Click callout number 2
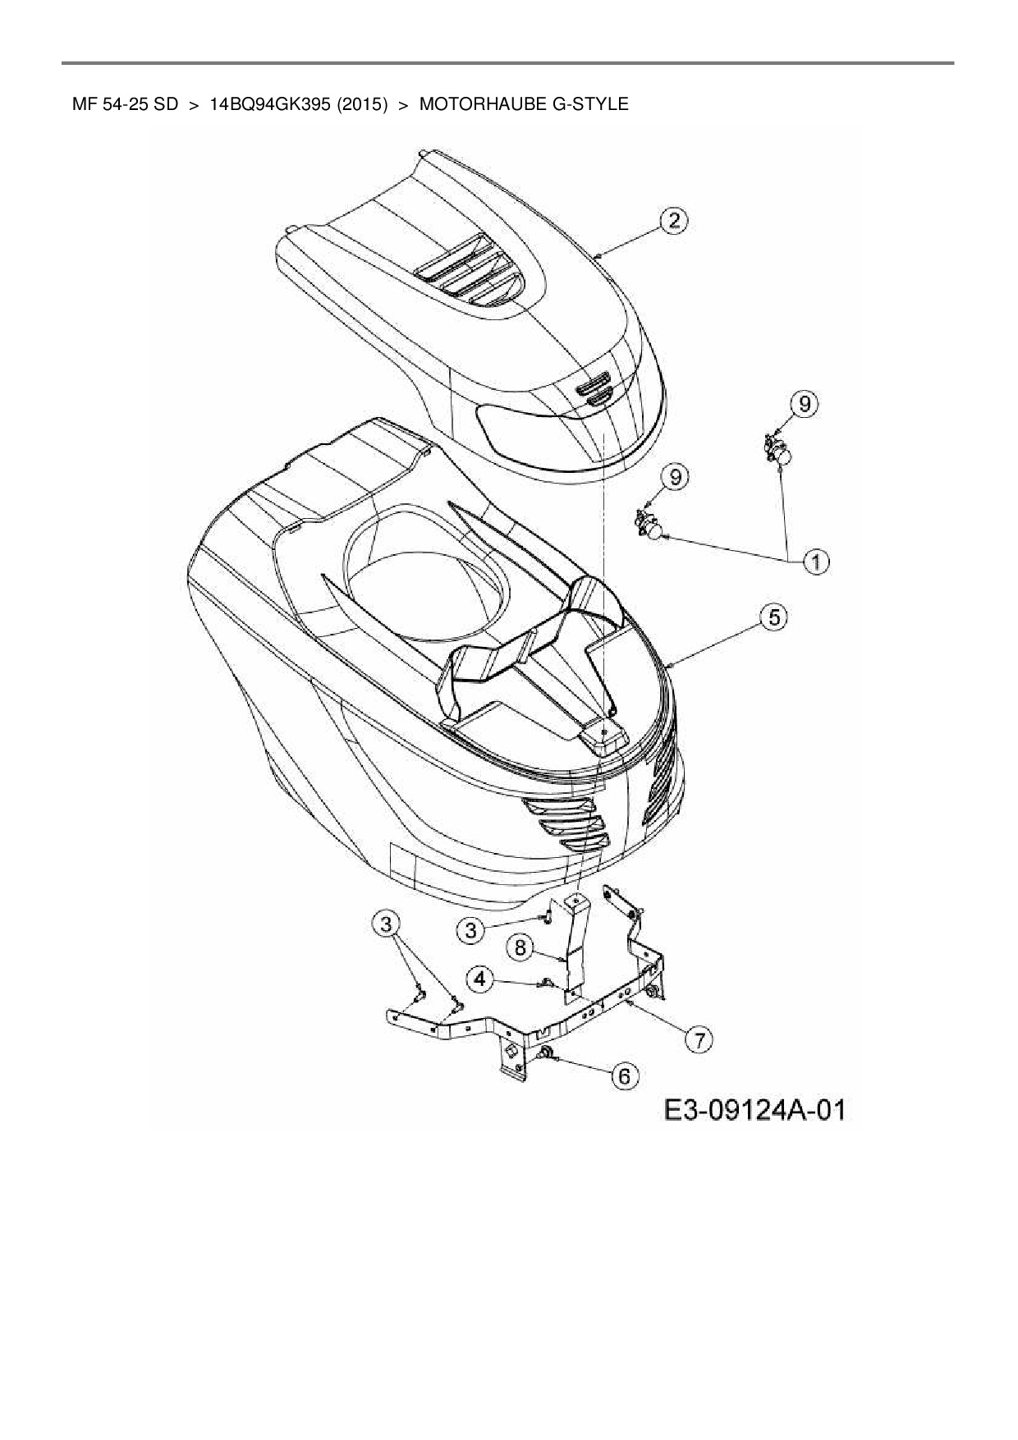(x=674, y=221)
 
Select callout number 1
(x=815, y=562)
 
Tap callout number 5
(x=774, y=617)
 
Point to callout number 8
(x=520, y=948)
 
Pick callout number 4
(x=482, y=979)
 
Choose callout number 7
(x=699, y=1040)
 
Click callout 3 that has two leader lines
(x=387, y=923)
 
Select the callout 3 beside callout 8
(x=470, y=930)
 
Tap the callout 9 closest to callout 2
(x=804, y=403)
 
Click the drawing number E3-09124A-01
(x=754, y=1111)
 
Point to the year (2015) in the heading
(x=361, y=104)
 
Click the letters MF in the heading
(x=83, y=104)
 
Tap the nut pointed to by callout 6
(x=543, y=1053)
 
